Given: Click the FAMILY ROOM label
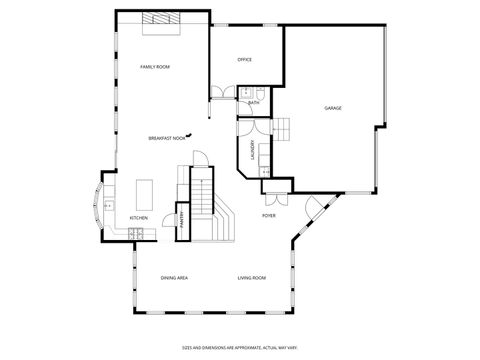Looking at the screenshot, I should tap(155, 66).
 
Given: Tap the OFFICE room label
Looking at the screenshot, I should tap(244, 60).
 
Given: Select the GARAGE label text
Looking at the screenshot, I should tap(332, 108).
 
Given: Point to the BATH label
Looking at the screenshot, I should tap(253, 102).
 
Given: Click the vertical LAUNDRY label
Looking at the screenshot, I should tap(252, 149).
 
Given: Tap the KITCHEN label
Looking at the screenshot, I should tap(139, 217).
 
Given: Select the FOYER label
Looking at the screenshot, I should tap(269, 216).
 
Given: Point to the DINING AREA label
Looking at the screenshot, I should tap(175, 277).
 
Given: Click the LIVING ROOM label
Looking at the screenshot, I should tap(251, 277).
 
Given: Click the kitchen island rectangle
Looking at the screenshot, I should tap(144, 192).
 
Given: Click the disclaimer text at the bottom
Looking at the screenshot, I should tap(240, 348).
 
